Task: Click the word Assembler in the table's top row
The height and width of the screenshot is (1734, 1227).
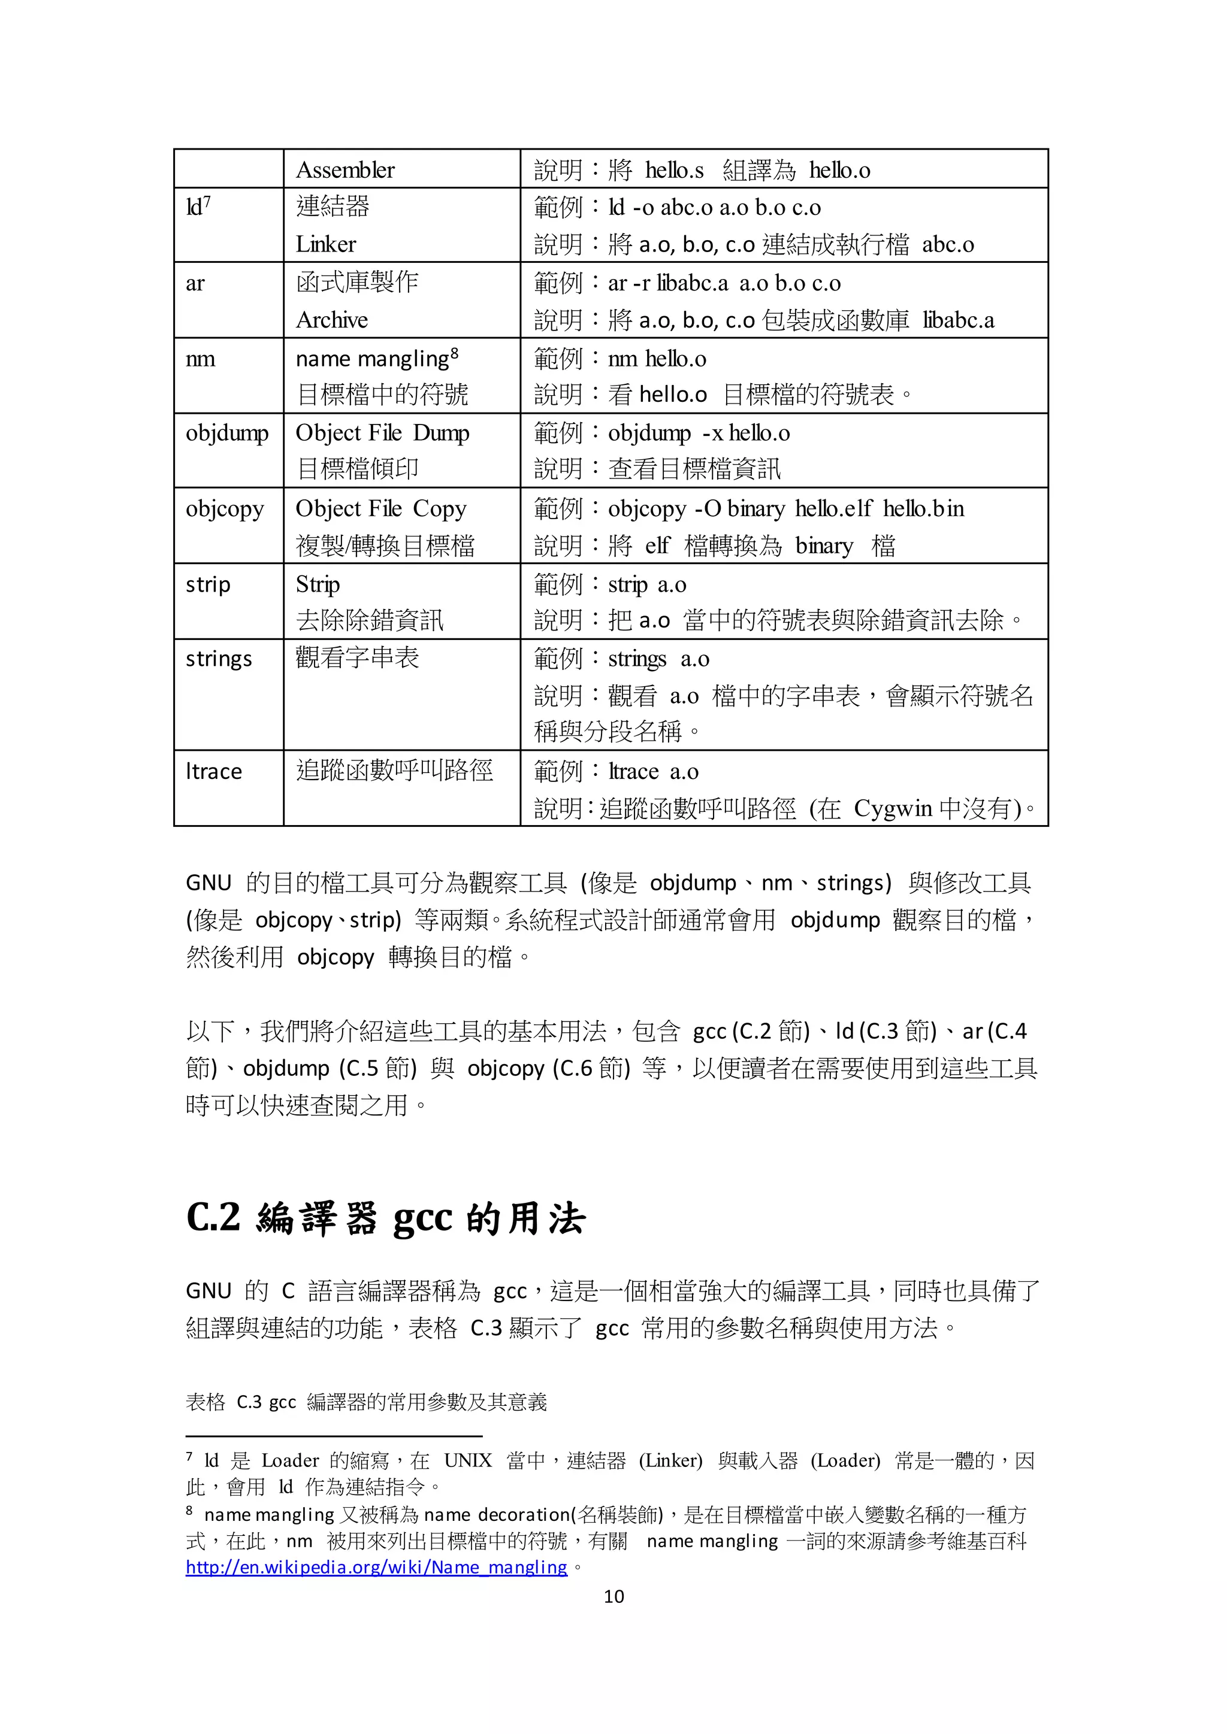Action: click(344, 170)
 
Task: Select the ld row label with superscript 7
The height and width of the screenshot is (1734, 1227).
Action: click(198, 206)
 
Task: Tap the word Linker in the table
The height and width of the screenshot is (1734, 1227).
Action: click(326, 244)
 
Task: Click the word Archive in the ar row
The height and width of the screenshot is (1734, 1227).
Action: click(332, 320)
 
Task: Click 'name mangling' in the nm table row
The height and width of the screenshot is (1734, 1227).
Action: click(373, 358)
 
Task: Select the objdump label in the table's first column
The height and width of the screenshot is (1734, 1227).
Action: click(226, 433)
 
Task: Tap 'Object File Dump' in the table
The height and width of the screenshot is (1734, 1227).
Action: click(382, 433)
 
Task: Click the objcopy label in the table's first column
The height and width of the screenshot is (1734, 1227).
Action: click(225, 508)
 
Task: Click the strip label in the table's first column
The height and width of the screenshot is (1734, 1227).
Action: click(208, 584)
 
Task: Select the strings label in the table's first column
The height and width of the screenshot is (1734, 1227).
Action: click(218, 659)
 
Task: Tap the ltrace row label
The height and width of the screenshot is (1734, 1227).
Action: click(214, 771)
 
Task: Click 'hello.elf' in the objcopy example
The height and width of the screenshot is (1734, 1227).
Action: click(833, 508)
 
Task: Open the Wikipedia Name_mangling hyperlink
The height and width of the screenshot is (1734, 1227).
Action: click(376, 1567)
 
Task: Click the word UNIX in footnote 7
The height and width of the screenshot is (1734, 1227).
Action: click(468, 1460)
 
